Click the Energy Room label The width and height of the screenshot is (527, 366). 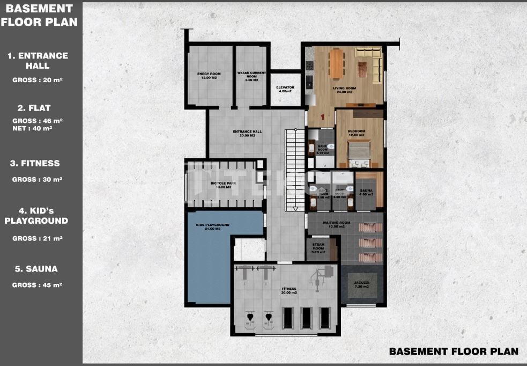point(209,76)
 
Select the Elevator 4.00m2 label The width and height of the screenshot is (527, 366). point(285,89)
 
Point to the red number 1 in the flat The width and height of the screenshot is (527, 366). point(322,116)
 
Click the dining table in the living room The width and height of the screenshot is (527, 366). point(337,63)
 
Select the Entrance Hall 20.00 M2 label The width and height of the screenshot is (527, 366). point(247,134)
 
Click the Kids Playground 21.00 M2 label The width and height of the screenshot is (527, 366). point(213,226)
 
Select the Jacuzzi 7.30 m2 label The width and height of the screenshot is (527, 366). point(362,284)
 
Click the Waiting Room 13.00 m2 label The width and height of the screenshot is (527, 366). point(337,224)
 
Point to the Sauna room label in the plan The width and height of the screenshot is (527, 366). point(367,192)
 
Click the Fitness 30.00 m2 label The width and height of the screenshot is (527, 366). point(289,290)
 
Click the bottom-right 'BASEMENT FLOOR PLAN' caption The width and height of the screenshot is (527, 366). point(454,351)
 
